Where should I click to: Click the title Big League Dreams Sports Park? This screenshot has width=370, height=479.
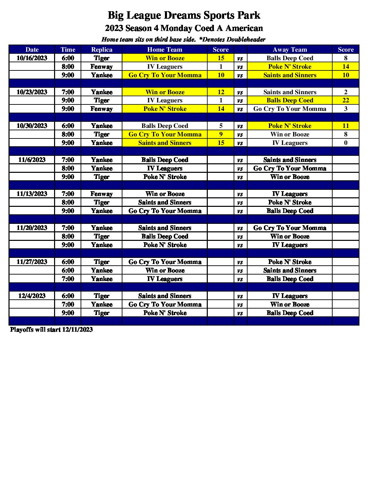click(184, 15)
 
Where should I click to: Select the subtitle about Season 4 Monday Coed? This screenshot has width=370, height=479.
click(184, 28)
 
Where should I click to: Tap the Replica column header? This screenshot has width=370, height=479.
click(101, 50)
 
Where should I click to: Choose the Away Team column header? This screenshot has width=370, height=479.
click(290, 50)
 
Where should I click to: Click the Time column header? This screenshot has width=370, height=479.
click(68, 50)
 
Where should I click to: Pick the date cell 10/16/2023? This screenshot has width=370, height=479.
click(32, 58)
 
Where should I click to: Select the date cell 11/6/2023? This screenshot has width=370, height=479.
click(32, 160)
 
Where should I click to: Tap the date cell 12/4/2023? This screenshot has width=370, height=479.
click(32, 296)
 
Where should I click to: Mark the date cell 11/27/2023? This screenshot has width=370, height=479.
click(32, 262)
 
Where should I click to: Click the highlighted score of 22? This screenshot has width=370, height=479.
click(346, 100)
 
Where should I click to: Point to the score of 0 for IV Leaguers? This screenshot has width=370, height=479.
click(346, 143)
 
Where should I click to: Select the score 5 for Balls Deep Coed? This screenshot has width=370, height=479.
click(221, 126)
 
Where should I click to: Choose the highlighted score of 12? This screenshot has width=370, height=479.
click(221, 92)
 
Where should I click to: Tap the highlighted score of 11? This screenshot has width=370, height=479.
click(346, 126)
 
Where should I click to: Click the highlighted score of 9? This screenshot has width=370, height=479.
click(221, 134)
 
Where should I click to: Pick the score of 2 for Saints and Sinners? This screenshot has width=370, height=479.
click(346, 92)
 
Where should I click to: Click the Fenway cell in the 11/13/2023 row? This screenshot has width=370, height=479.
click(101, 194)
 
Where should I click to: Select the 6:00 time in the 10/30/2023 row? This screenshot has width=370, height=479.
click(68, 126)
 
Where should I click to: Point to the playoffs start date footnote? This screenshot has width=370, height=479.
click(51, 330)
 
